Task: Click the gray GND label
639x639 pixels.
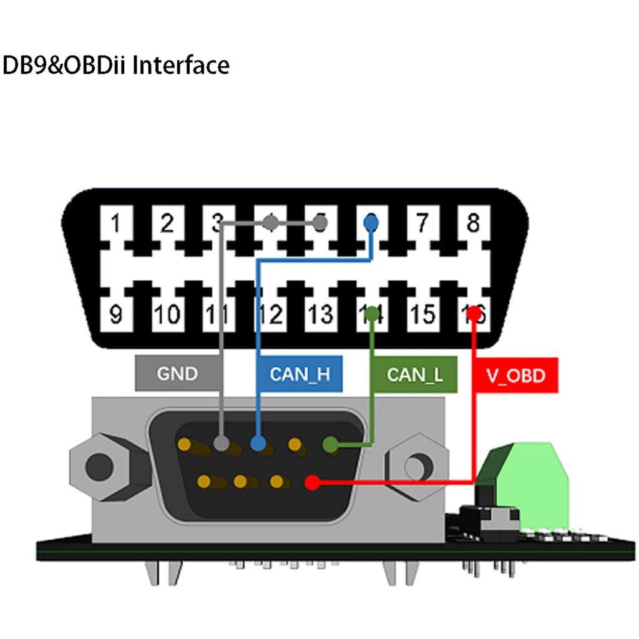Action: [177, 374]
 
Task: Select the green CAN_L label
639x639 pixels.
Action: [414, 374]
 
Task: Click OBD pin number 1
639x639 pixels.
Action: [115, 223]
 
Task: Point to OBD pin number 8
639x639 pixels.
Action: [474, 223]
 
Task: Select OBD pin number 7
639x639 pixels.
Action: [422, 223]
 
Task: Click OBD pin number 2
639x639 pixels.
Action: [166, 223]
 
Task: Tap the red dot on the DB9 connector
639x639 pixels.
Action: [314, 482]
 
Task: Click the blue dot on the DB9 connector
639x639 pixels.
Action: [258, 444]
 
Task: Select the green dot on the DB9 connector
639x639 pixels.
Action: [331, 445]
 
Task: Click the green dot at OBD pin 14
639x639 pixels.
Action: [373, 312]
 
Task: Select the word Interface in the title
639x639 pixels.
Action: [181, 65]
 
